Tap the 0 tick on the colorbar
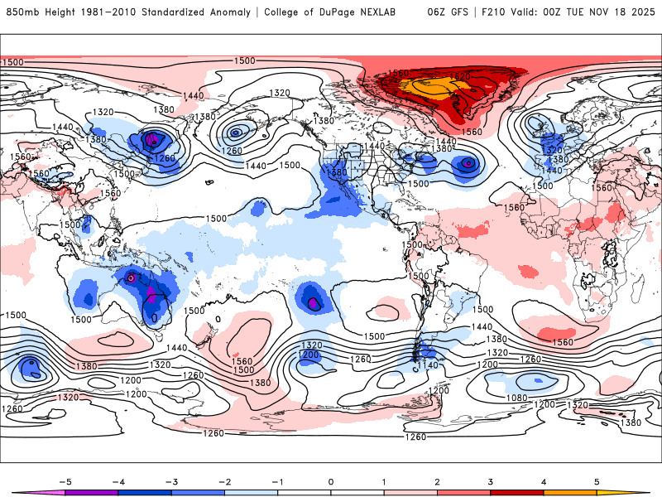pyautogui.click(x=330, y=480)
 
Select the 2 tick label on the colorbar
pyautogui.click(x=437, y=480)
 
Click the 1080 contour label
pyautogui.click(x=518, y=398)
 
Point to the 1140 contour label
pyautogui.click(x=427, y=364)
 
